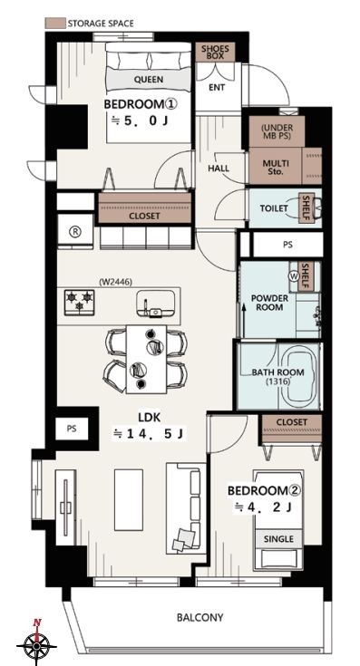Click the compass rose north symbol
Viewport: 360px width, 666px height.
coord(37,645)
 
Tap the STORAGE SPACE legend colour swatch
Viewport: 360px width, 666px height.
coord(55,23)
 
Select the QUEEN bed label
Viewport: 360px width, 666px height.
coord(149,80)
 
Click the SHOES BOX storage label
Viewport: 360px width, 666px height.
coord(215,53)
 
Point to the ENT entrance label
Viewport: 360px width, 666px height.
coord(217,88)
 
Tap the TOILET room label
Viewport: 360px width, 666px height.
coord(274,208)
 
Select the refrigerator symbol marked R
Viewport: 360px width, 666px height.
coord(75,231)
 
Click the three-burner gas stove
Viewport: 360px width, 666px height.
coord(80,302)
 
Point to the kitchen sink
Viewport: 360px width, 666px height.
coord(156,304)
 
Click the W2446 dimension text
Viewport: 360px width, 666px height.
coord(115,281)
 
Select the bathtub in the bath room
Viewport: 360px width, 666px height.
coord(299,375)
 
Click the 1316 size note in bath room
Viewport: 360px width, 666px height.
coord(278,381)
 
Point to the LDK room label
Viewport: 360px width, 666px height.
coord(150,418)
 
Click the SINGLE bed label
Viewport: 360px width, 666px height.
coord(278,539)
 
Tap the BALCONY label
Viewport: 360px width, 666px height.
coord(199,617)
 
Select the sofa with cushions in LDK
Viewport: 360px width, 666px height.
coord(186,508)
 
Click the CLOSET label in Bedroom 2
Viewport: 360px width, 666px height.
coord(292,422)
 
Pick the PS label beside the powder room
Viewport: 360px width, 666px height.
coord(287,245)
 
